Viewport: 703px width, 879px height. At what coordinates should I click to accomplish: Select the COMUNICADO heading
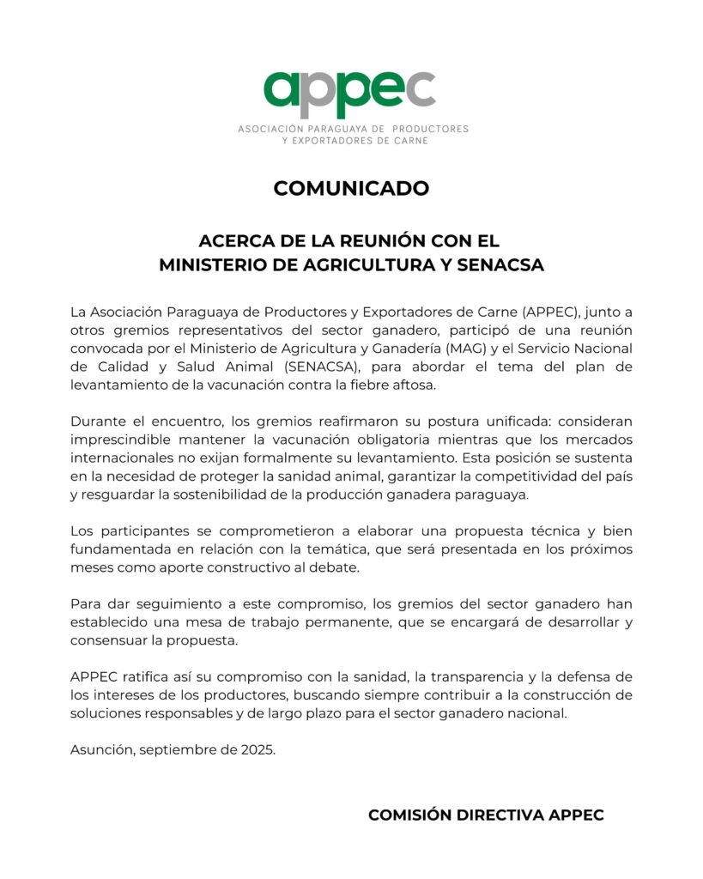coord(351,188)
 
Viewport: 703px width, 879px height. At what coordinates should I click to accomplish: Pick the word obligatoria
coord(409,440)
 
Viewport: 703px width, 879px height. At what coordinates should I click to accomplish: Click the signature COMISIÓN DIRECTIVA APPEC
coord(486,815)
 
